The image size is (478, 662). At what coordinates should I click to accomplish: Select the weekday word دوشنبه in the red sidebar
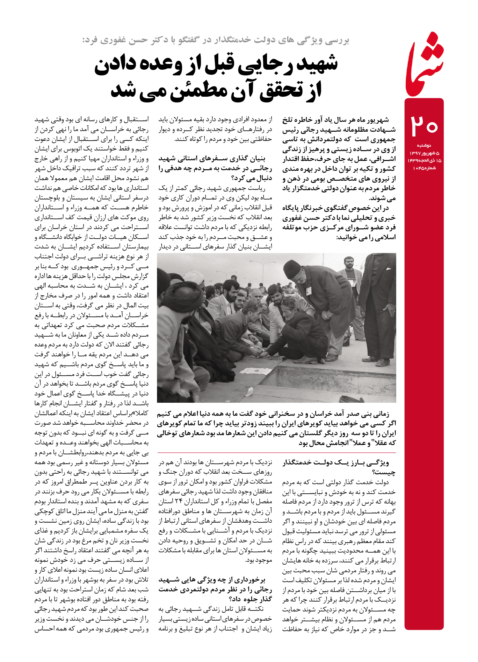424,146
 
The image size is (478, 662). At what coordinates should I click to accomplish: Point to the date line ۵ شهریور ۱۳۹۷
424,153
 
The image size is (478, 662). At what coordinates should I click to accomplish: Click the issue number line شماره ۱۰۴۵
424,168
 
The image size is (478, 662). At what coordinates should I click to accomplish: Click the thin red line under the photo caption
276,452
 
